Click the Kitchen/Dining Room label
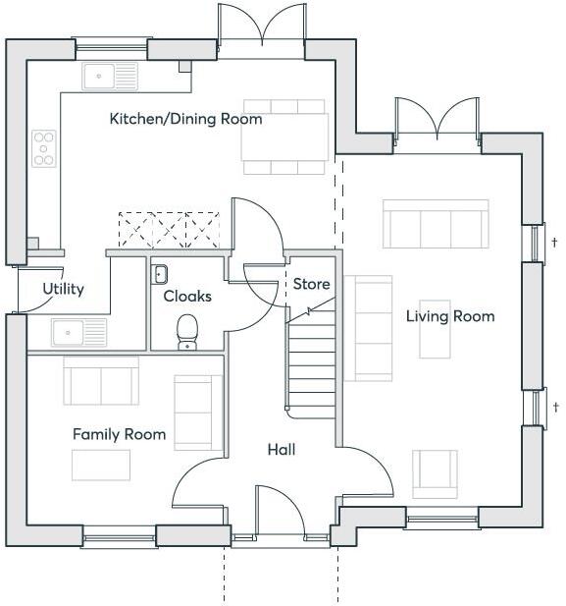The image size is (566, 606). [185, 119]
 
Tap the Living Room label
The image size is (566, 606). [450, 316]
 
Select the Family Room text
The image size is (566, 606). [119, 434]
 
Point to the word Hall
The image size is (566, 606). [282, 450]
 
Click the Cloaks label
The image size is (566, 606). [187, 296]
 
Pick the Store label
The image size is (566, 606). [312, 285]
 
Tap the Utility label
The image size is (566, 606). [63, 289]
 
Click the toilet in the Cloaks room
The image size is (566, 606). [187, 331]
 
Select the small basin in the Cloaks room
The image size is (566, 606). [161, 273]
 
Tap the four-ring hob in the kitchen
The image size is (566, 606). [44, 148]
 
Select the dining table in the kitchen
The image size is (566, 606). [285, 137]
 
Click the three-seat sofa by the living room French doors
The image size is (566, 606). [436, 225]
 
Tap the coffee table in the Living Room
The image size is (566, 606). [436, 330]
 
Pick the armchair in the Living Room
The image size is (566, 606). [434, 473]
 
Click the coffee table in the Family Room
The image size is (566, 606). [101, 465]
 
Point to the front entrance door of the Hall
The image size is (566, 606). [279, 511]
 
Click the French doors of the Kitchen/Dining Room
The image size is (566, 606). [261, 25]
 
